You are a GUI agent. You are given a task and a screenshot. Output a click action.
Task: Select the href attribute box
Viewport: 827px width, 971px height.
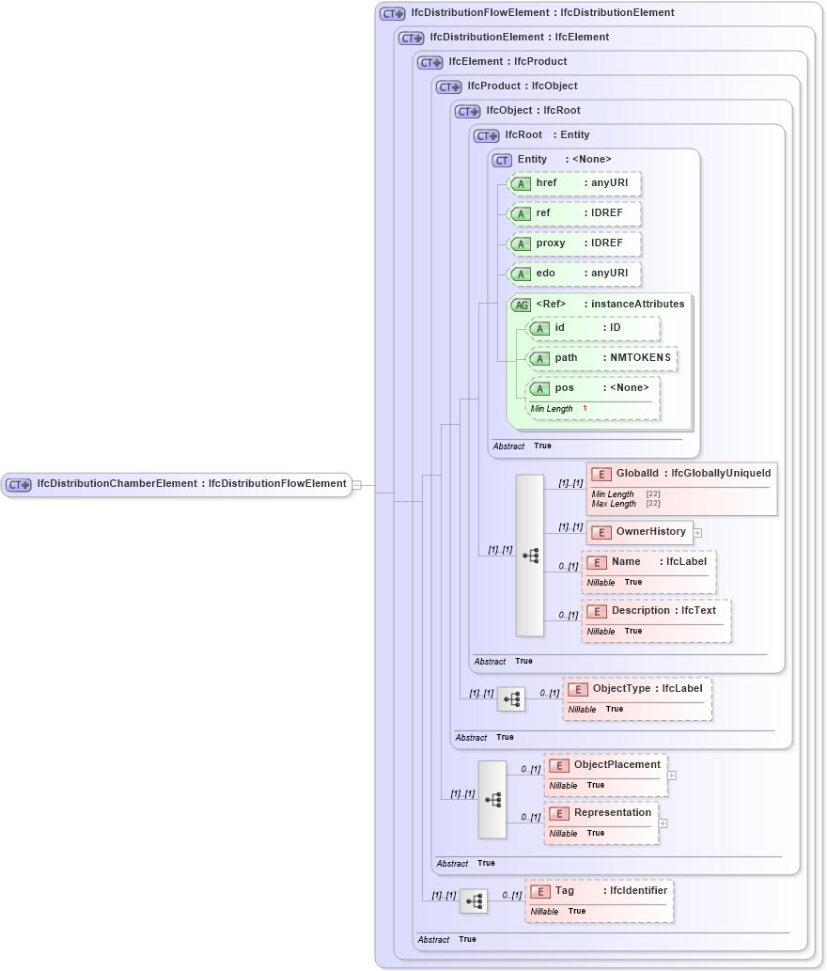pyautogui.click(x=574, y=183)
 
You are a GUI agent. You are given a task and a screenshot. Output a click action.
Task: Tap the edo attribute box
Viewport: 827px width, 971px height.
pyautogui.click(x=574, y=274)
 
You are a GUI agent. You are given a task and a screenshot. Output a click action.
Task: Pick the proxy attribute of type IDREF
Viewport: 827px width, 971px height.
pyautogui.click(x=574, y=243)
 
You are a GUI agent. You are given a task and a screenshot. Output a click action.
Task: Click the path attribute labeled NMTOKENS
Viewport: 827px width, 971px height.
pyautogui.click(x=601, y=358)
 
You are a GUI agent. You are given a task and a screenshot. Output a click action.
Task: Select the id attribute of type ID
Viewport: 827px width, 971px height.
pyautogui.click(x=593, y=328)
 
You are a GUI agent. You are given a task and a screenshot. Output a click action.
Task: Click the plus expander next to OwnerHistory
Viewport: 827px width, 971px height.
pyautogui.click(x=697, y=533)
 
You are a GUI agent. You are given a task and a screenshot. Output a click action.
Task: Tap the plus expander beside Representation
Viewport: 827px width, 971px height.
pyautogui.click(x=663, y=822)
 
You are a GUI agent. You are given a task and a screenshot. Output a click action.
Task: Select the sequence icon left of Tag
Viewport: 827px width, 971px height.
pyautogui.click(x=474, y=901)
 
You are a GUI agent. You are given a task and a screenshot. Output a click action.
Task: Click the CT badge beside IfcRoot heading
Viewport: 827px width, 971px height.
pyautogui.click(x=487, y=135)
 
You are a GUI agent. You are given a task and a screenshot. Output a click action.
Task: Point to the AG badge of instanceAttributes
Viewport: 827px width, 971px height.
pyautogui.click(x=521, y=305)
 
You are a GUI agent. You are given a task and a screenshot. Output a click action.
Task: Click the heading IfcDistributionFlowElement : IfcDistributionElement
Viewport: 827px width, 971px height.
pyautogui.click(x=542, y=13)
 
